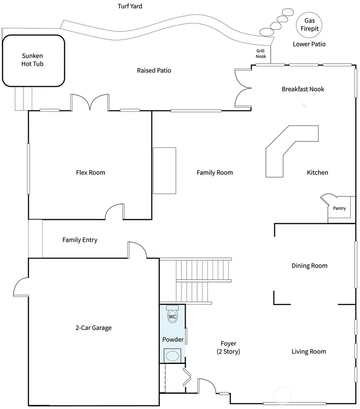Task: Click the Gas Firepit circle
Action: point(309,13)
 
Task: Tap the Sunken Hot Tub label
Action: point(32,60)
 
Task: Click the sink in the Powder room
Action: point(172,356)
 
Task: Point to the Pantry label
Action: point(339,208)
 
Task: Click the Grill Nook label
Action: point(261,54)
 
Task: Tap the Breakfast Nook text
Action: point(303,89)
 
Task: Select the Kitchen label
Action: point(318,172)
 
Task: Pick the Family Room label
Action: point(215,172)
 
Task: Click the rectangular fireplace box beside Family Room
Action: point(165,171)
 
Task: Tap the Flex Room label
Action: point(91,172)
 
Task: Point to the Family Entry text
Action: point(80,240)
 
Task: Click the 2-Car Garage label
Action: point(93,328)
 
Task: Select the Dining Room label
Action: point(309,265)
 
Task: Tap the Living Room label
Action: point(309,352)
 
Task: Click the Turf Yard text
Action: point(130,6)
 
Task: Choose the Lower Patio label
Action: point(309,44)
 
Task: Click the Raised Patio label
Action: point(154,70)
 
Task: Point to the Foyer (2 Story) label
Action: point(228,347)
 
